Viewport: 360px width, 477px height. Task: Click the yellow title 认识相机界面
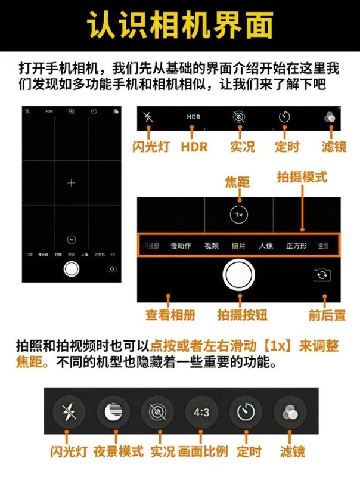click(x=180, y=26)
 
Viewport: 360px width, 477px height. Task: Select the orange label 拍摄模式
click(x=302, y=178)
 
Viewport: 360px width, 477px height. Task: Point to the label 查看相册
click(x=168, y=314)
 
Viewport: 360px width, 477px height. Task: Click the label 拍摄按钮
click(x=240, y=314)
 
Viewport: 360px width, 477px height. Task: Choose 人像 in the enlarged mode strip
click(x=266, y=246)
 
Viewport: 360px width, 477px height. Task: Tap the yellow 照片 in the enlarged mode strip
click(x=239, y=246)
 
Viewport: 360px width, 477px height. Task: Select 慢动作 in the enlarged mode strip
click(x=181, y=246)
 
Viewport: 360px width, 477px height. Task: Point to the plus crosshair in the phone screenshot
click(x=72, y=183)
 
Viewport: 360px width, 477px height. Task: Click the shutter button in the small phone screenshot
click(x=72, y=269)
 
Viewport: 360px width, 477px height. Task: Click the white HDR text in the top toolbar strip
click(x=193, y=117)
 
